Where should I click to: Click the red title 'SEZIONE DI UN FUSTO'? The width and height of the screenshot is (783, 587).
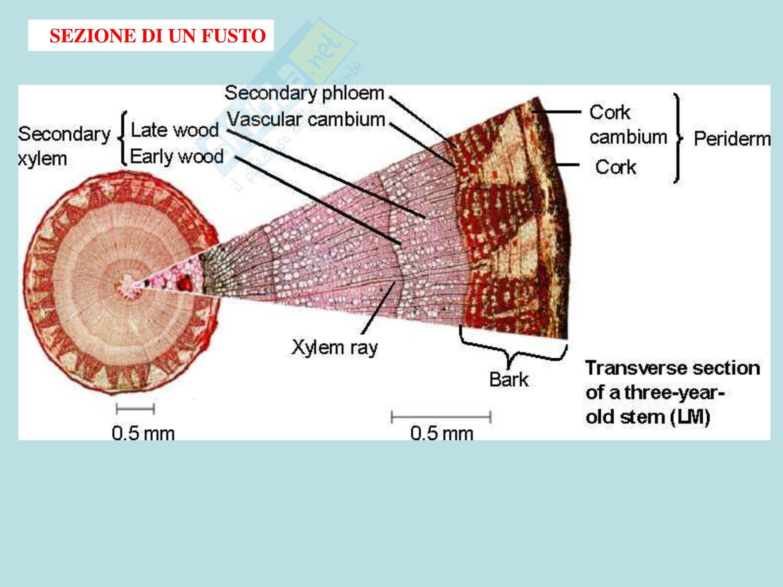pos(157,36)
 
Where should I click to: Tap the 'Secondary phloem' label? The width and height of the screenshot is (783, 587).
pos(304,94)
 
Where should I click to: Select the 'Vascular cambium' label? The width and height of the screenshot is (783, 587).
pos(307,119)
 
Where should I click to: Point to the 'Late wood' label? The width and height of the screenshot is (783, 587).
pos(175,130)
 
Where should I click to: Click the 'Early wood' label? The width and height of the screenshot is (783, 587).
pos(177,157)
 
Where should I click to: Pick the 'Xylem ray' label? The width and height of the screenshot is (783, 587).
pos(334,347)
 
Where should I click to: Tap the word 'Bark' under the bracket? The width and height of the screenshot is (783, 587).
pos(509,379)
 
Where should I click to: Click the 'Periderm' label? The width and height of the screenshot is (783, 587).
pos(732,139)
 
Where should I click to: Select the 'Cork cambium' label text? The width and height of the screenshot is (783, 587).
pos(628,125)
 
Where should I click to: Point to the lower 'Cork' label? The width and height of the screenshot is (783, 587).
pos(615,167)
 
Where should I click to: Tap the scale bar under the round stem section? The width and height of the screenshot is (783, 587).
pos(135,409)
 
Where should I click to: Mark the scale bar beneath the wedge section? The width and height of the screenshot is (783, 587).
pos(441,417)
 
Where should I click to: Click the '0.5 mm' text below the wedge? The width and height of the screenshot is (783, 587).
pos(442,433)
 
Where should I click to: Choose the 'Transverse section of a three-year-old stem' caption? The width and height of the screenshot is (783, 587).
pos(672,393)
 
